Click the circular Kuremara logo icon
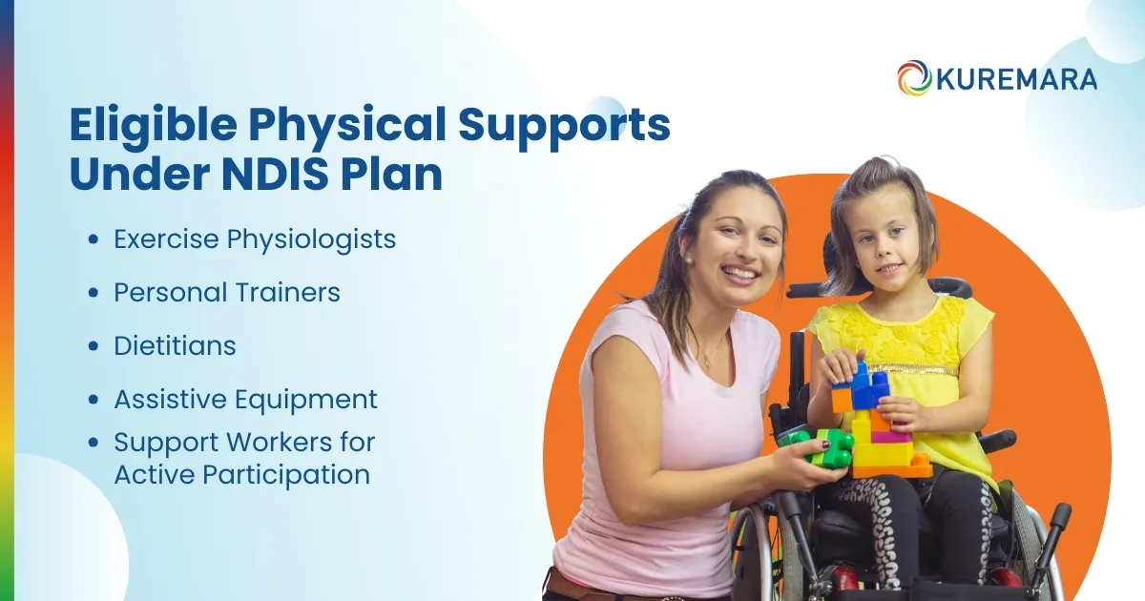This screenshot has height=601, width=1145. (914, 78)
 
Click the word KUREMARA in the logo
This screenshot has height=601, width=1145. (1015, 79)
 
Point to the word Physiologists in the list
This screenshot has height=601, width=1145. (311, 238)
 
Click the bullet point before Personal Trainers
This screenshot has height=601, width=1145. (93, 294)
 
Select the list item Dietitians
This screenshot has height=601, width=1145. (175, 345)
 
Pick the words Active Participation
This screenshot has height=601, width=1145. (241, 474)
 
